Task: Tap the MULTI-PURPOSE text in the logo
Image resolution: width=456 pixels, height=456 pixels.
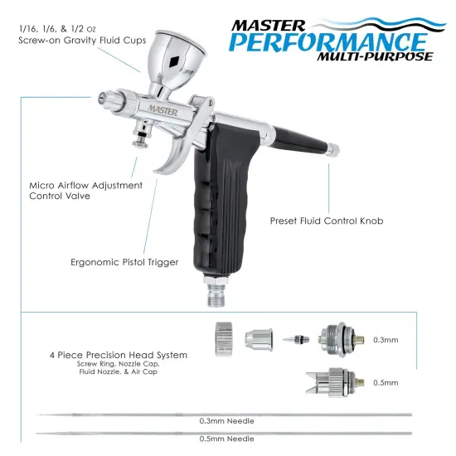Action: pos(375,56)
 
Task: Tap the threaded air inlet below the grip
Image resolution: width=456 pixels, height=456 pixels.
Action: pos(216,293)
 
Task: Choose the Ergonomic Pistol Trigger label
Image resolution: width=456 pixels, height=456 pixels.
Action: pos(125,262)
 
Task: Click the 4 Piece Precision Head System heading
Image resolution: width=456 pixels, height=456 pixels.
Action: pos(119,355)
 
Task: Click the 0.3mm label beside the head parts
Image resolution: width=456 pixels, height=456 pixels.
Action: pos(386,340)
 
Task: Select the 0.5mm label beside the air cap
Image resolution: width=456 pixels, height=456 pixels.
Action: pos(386,383)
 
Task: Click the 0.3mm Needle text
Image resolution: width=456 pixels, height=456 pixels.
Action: pos(226,421)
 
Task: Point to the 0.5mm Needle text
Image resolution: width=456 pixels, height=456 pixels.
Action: pos(226,445)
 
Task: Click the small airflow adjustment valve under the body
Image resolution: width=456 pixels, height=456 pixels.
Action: pos(142,137)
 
